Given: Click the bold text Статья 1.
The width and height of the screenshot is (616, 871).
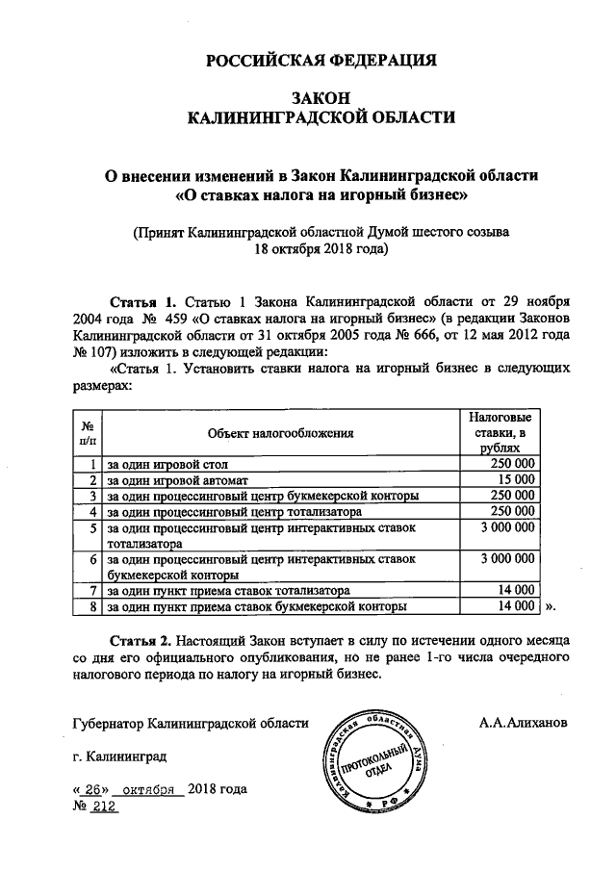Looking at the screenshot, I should (144, 299).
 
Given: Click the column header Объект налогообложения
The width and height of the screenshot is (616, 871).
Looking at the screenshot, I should (280, 433).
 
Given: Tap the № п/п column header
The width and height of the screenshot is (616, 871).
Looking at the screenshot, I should (87, 433).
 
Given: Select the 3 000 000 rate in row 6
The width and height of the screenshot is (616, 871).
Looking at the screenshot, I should (505, 558).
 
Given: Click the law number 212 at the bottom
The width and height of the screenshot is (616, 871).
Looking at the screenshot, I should (103, 807).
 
